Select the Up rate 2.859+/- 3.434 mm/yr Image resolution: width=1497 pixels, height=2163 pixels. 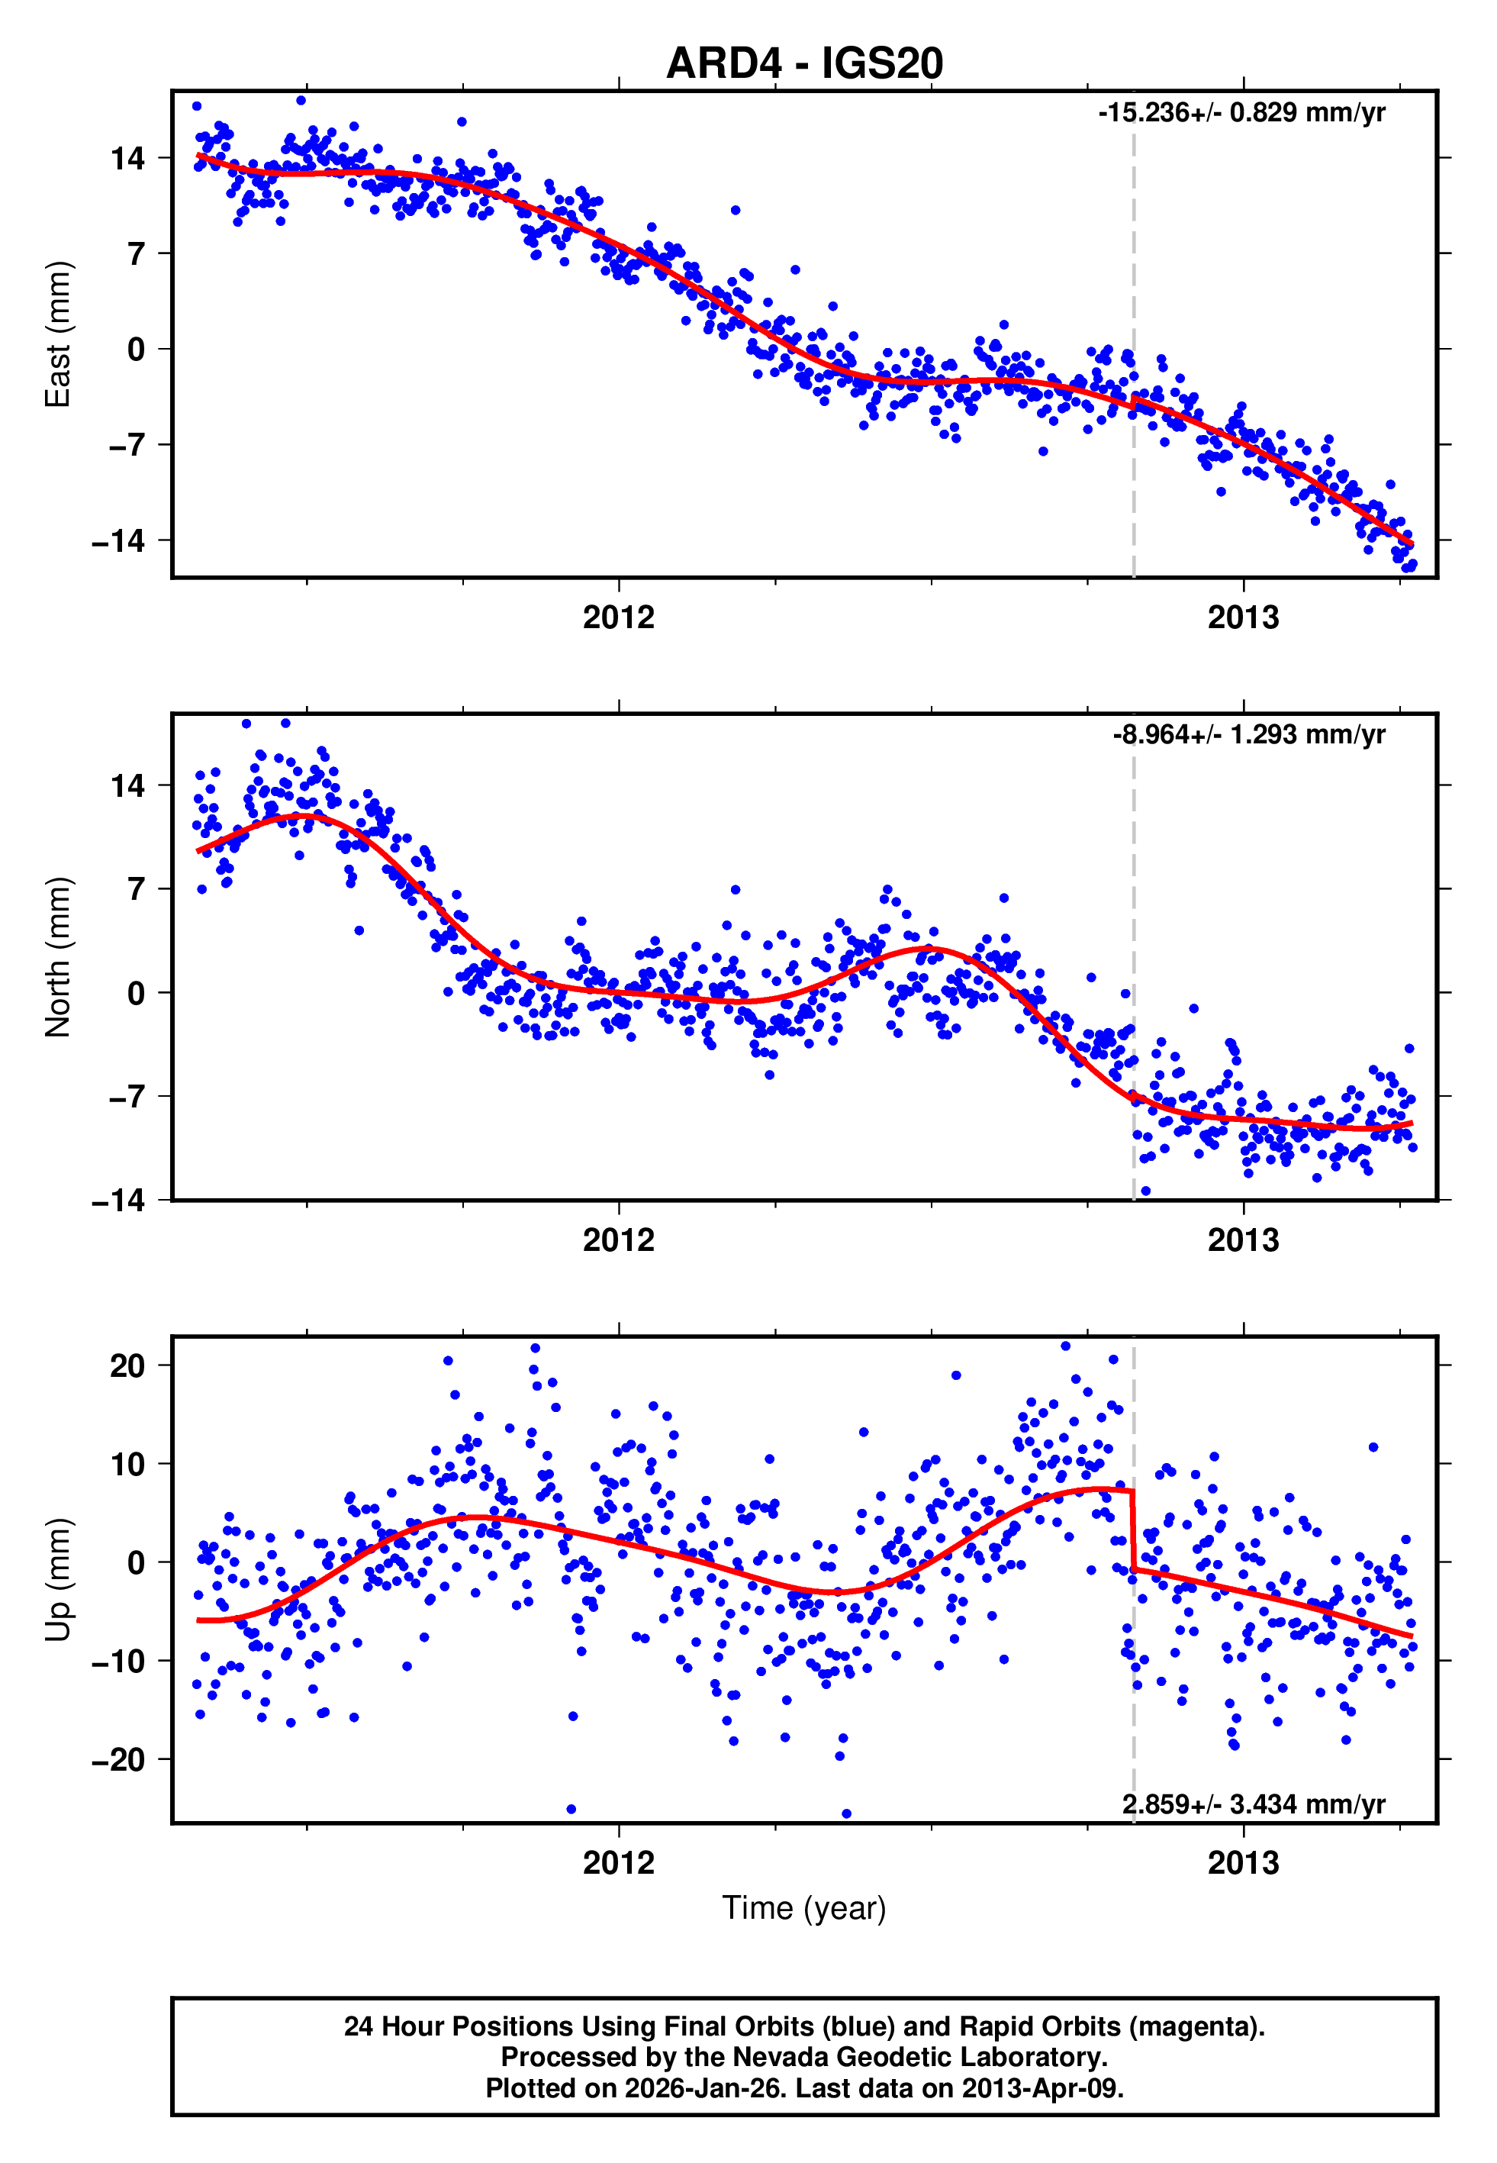tap(1253, 1804)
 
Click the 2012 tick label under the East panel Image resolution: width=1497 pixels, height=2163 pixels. tap(618, 617)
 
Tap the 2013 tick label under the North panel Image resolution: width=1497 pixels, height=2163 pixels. tap(1243, 1240)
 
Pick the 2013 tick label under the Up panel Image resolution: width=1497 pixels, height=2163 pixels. tap(1243, 1862)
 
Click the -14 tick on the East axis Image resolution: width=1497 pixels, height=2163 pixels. tap(118, 541)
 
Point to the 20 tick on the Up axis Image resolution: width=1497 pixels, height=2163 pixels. tap(127, 1365)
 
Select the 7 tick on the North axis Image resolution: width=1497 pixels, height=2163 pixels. tap(136, 888)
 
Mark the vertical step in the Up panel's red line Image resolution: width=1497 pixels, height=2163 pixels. tap(1133, 1529)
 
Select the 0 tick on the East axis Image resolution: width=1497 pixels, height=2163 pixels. tap(136, 350)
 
